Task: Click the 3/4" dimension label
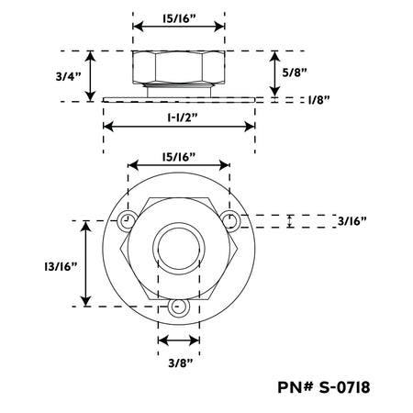point(68,76)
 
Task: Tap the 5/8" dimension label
point(295,73)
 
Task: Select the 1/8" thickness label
point(319,100)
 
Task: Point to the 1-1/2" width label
point(183,117)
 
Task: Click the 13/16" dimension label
point(61,266)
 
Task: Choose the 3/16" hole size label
point(352,221)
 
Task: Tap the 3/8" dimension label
point(181,363)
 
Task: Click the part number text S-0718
point(344,387)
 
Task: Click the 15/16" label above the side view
point(179,18)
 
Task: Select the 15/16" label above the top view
point(179,157)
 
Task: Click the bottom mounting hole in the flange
point(179,307)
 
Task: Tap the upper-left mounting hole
point(126,220)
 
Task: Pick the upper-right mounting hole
point(230,220)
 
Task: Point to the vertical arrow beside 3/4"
point(90,76)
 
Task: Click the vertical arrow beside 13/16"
point(85,263)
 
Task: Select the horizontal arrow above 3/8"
point(179,340)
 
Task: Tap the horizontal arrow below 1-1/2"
point(179,126)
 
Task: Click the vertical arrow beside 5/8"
point(275,73)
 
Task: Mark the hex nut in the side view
point(179,67)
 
